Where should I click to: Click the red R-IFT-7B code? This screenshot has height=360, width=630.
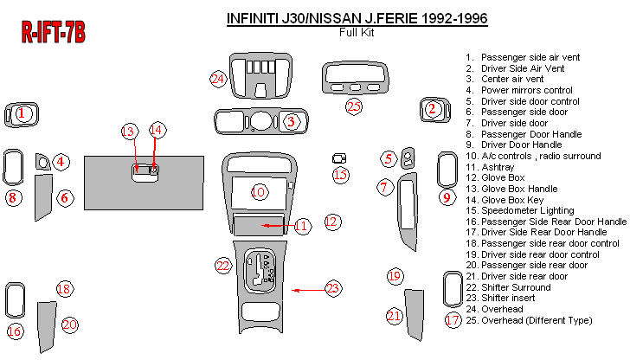click(x=53, y=33)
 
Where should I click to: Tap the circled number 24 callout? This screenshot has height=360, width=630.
click(x=218, y=80)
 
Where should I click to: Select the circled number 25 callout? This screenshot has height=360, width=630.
click(x=353, y=106)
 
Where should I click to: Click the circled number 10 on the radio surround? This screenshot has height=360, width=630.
click(x=260, y=191)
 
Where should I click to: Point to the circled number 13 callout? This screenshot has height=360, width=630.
click(x=129, y=131)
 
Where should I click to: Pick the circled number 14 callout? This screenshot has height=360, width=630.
click(x=156, y=130)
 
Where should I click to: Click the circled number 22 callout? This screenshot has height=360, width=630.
click(x=223, y=266)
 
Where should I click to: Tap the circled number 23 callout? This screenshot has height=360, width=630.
click(x=333, y=289)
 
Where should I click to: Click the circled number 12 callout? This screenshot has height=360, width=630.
click(x=331, y=222)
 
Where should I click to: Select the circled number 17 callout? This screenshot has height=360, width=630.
click(x=452, y=320)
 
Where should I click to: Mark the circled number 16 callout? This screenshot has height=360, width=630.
click(x=14, y=331)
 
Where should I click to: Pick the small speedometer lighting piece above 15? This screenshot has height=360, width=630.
click(x=340, y=158)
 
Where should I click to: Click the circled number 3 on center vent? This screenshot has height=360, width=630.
click(x=292, y=121)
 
